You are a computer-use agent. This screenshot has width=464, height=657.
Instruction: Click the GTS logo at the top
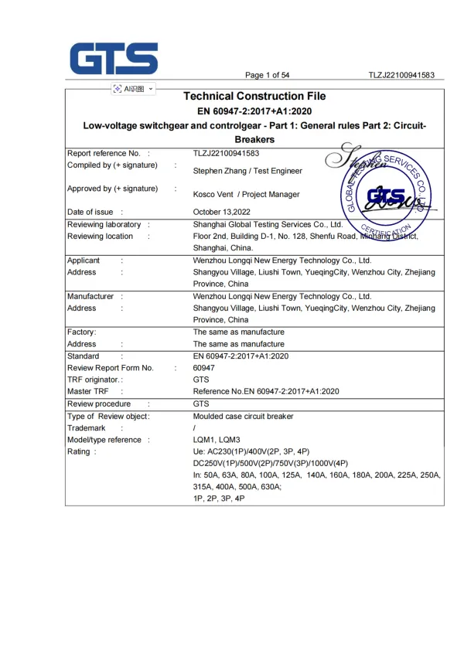point(114,57)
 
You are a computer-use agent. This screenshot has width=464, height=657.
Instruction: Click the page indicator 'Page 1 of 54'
point(267,75)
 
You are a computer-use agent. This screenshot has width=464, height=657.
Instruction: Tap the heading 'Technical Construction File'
point(254,97)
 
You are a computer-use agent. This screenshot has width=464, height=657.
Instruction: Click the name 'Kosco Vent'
point(213,195)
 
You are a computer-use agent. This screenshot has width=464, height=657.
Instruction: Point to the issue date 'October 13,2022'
point(223,212)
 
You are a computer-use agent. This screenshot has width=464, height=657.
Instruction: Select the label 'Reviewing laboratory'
point(104,224)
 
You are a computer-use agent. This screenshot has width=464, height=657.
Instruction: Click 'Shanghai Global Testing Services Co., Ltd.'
point(268,224)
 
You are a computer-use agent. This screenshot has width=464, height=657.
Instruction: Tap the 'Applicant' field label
point(84,260)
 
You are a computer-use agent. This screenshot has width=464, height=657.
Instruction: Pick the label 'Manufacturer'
point(90,296)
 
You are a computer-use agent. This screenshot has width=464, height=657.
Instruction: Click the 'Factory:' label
point(82,332)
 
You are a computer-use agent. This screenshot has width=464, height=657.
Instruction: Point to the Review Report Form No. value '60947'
point(203,368)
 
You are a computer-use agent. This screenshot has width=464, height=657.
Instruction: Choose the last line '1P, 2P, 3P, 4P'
point(220,499)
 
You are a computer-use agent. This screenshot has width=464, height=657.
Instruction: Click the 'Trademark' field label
point(87,427)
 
